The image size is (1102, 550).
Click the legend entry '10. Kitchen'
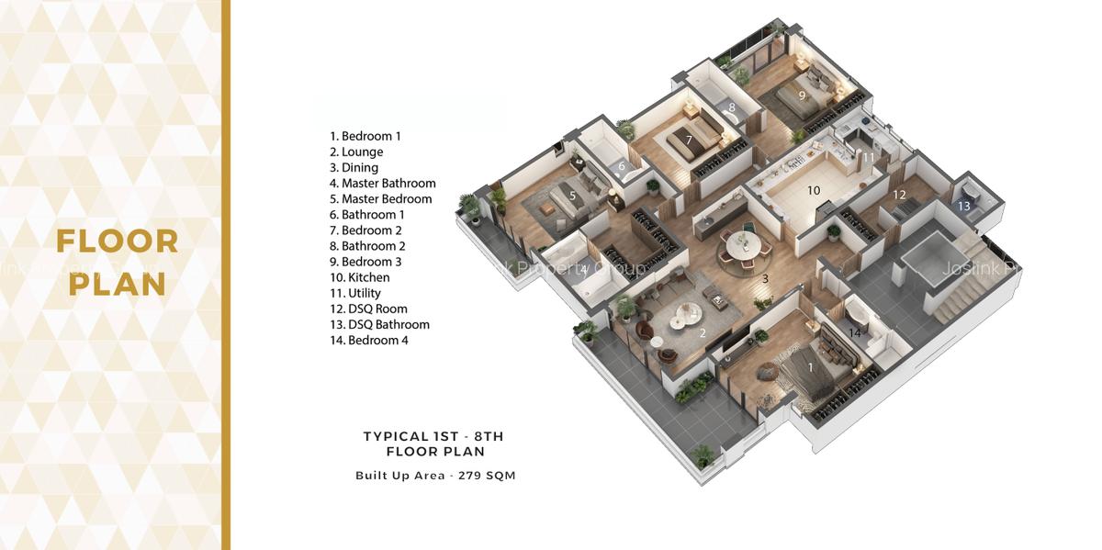pos(359,277)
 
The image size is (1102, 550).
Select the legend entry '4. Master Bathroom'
pos(382,184)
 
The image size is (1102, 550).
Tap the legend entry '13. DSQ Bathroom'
pos(379,324)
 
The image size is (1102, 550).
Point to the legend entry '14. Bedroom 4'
pos(368,340)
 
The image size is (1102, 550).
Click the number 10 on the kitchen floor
pos(813,191)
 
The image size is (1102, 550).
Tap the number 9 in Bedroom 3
pos(801,95)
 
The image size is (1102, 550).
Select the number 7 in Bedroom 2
pos(689,140)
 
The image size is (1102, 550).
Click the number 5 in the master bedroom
pos(572,196)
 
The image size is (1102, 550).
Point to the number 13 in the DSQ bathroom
pos(963,207)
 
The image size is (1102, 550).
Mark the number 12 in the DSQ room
pos(899,195)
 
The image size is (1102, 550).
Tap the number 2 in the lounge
pos(703,333)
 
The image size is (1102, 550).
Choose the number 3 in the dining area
pos(764,278)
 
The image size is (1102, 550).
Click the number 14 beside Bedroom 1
pos(855,333)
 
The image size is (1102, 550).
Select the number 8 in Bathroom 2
pos(732,108)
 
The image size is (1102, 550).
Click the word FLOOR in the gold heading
pos(117,242)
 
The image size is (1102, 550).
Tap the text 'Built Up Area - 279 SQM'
pos(435,476)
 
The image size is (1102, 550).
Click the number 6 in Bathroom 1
pos(621,167)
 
